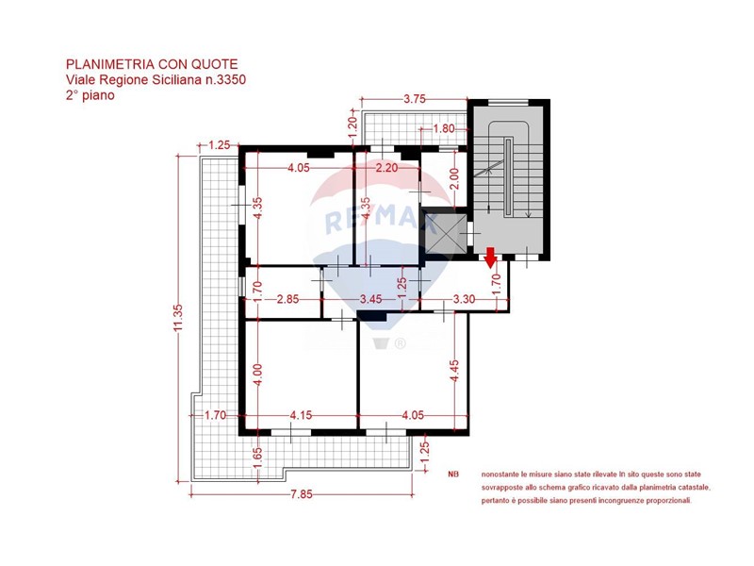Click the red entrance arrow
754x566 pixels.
[490, 257]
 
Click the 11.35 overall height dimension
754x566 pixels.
[178, 318]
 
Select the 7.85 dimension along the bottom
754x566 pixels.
[302, 494]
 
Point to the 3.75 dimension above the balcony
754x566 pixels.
[415, 99]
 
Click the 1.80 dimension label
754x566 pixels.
[443, 128]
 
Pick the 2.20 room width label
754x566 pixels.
[386, 168]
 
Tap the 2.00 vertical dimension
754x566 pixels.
[454, 178]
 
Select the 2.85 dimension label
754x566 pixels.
[287, 299]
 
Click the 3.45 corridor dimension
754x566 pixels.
[370, 299]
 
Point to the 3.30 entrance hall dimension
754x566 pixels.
[464, 299]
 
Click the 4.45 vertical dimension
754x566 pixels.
[454, 371]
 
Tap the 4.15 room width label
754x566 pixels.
[301, 415]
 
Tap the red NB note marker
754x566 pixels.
[453, 474]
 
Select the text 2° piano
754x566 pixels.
[90, 95]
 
